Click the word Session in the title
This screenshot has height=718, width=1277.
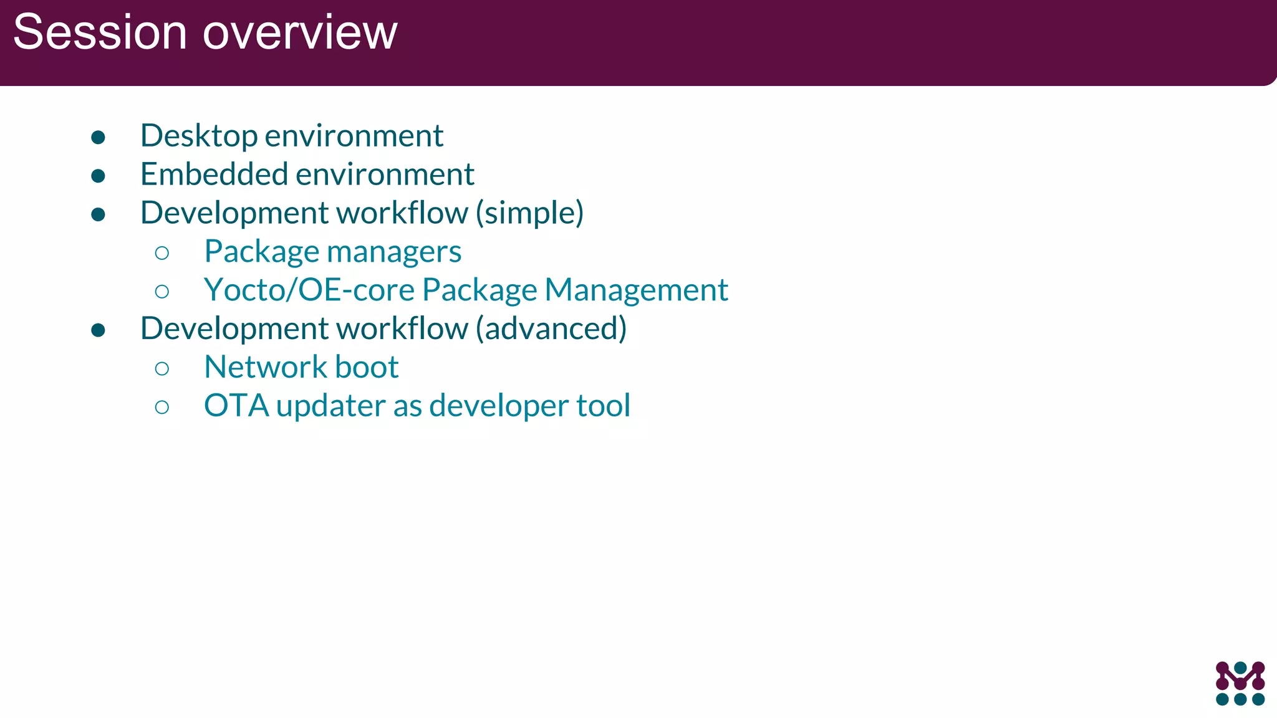pos(100,32)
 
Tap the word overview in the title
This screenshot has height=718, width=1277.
pos(300,32)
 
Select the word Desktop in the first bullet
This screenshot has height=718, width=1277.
pos(199,136)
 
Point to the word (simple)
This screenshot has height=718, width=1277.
pos(529,213)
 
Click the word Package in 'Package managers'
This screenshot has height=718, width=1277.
pos(262,252)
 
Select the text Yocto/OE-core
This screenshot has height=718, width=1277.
pos(309,290)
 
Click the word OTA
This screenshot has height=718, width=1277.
pos(236,406)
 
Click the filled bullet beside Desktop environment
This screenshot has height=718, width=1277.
pos(98,137)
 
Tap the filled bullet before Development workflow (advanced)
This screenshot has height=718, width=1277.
pos(98,330)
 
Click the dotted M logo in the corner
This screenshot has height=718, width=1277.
pos(1240,683)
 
